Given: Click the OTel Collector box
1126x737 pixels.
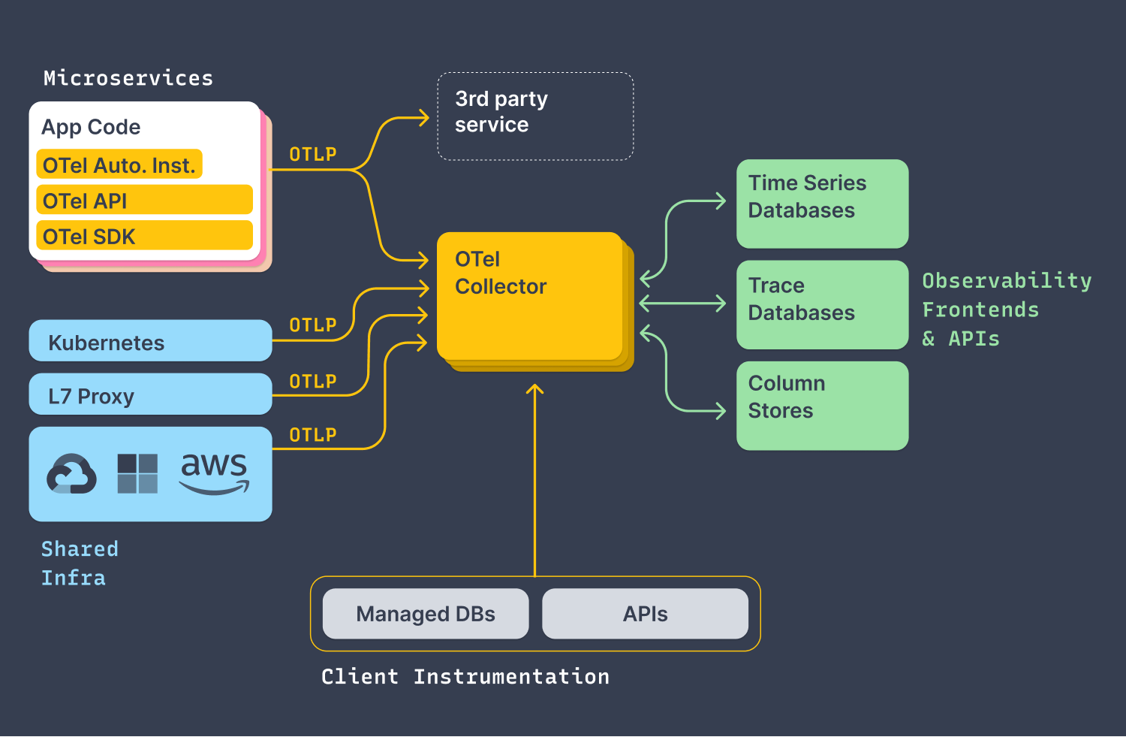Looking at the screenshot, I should point(529,296).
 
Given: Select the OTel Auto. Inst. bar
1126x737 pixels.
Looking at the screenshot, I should point(119,165).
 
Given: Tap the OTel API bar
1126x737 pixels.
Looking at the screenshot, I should point(144,201).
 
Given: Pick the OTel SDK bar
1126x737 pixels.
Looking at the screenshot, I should point(144,236).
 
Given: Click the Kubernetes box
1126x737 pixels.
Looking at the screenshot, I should point(150,341).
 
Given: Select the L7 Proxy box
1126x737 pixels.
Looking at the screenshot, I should point(150,394).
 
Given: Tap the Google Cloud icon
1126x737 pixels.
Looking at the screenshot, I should point(71,474).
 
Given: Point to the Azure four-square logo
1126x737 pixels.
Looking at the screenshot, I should point(137,473).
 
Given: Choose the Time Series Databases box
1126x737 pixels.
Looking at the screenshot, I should point(822,204).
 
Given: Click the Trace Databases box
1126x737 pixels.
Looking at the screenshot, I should point(822,304).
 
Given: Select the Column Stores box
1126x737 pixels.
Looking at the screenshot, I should point(822,406).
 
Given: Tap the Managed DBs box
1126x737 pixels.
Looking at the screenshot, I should point(426,614).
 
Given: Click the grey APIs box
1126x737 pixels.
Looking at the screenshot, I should point(645,614).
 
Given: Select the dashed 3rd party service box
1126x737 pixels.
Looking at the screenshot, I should point(535,116).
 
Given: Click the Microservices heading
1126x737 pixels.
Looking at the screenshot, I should point(128,78).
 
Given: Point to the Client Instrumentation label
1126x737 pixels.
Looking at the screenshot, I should point(465,676).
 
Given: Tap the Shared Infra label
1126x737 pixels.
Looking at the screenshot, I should point(79,563).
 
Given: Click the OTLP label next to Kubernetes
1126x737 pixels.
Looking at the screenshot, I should point(313,325).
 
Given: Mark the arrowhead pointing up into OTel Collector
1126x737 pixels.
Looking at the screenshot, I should point(535,389).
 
